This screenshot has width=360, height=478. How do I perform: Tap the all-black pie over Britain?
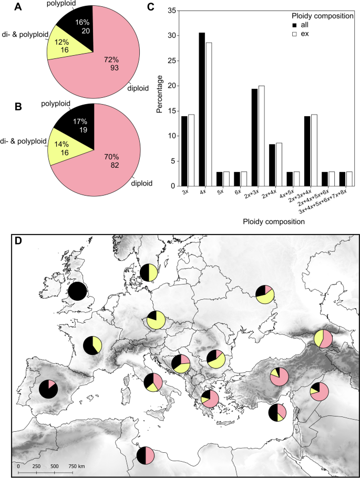coord(77,292)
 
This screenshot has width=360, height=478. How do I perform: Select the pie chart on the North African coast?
coord(145,455)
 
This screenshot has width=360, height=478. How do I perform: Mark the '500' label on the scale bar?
coord(54,466)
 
